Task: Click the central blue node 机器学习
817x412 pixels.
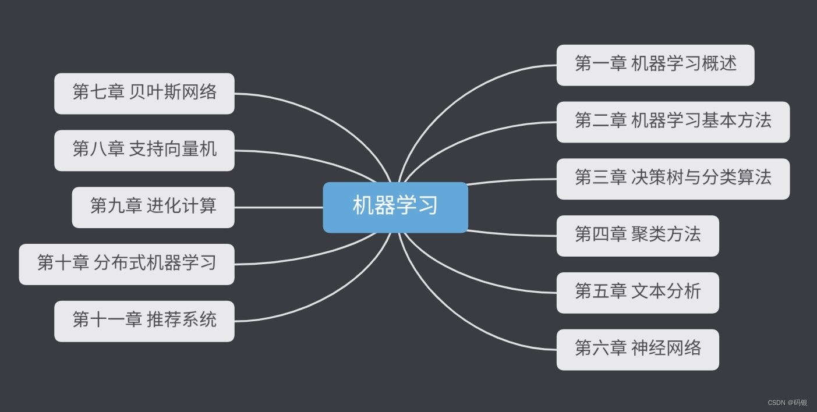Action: [395, 207]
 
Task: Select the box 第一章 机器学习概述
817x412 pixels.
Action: [655, 65]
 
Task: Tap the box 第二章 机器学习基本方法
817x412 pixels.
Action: [673, 122]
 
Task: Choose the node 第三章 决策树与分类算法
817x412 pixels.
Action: [673, 179]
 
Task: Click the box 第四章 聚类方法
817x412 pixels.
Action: [638, 236]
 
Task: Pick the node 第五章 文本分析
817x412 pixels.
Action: [638, 293]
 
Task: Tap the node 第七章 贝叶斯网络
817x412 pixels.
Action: [144, 93]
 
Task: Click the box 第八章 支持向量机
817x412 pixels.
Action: [144, 150]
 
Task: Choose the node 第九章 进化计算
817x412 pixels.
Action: [153, 207]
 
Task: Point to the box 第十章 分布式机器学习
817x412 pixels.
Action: [126, 264]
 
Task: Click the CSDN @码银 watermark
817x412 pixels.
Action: [787, 403]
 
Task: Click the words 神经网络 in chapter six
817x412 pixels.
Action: [666, 349]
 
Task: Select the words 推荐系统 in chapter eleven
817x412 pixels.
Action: [181, 320]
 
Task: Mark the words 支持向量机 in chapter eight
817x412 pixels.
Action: [172, 149]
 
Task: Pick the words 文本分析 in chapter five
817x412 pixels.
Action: [666, 292]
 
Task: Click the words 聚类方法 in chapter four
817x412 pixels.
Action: [666, 235]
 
